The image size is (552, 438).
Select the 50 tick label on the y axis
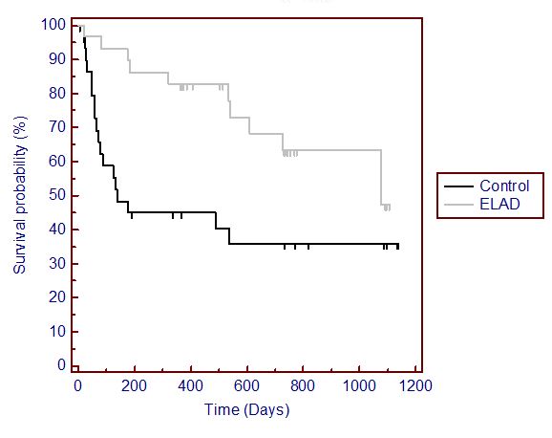point(59,195)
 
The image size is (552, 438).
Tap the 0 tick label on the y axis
point(63,365)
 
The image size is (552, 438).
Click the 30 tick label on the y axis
point(59,263)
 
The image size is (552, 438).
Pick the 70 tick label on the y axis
point(59,126)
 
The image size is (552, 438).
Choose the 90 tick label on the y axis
point(59,58)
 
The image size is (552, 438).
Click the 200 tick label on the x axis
point(134,387)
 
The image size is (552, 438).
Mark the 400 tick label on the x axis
point(190,387)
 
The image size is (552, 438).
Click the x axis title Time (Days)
point(246,410)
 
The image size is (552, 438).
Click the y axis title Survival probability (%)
point(19,195)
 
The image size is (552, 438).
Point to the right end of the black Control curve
point(398,245)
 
